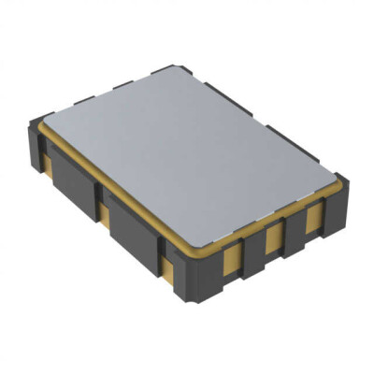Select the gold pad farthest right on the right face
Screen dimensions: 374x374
tap(310, 221)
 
